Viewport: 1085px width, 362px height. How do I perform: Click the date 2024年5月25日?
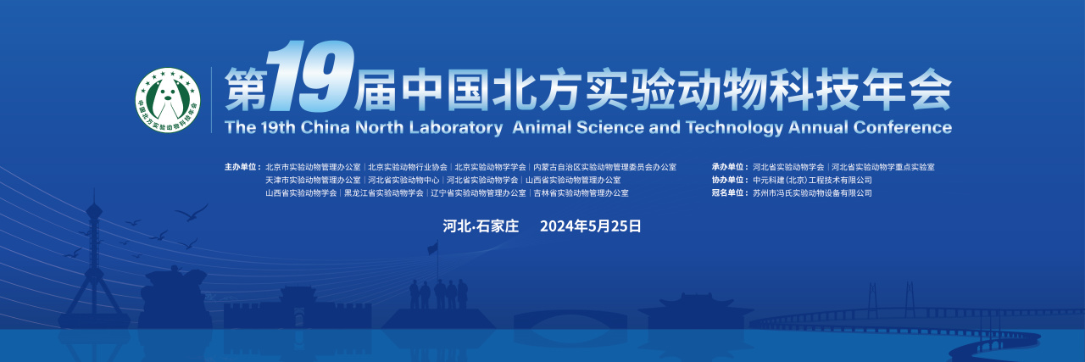coord(590,226)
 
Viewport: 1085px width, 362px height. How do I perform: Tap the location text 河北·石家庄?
coord(481,226)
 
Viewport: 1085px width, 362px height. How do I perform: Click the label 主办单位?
coord(242,167)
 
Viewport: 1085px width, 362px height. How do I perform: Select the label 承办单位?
coord(729,167)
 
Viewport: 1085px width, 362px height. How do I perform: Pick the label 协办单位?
coord(729,180)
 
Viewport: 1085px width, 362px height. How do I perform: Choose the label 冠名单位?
coord(729,193)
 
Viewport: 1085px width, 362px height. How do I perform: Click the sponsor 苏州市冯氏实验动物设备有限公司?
coord(812,193)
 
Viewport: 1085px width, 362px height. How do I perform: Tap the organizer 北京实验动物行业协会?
coord(408,167)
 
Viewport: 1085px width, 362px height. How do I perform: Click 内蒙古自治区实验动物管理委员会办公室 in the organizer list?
coord(604,167)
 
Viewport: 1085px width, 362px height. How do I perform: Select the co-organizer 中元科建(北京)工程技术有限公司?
coord(812,180)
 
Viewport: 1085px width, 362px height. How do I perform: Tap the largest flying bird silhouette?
coord(191,211)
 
